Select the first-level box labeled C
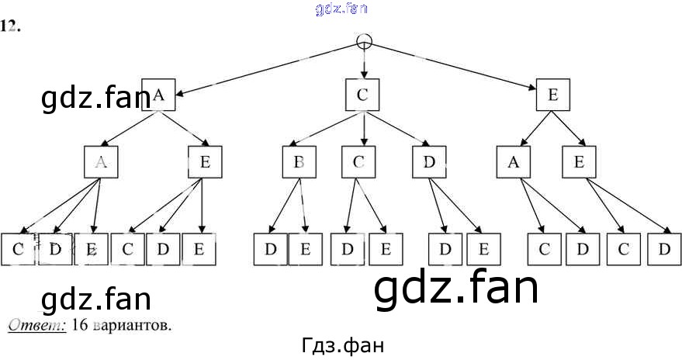coord(362,95)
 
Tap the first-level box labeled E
coord(552,95)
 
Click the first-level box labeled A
coord(159,95)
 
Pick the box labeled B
coord(298,163)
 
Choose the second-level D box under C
coord(428,163)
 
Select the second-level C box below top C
coord(358,163)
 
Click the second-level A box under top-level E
coord(514,163)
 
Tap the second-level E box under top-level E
coord(578,163)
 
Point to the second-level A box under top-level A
coord(101,163)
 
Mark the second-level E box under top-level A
coord(205,163)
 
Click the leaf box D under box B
coord(271,249)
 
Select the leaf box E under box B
coord(305,249)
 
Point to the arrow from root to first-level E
coord(458,67)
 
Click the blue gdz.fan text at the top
coord(341,9)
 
